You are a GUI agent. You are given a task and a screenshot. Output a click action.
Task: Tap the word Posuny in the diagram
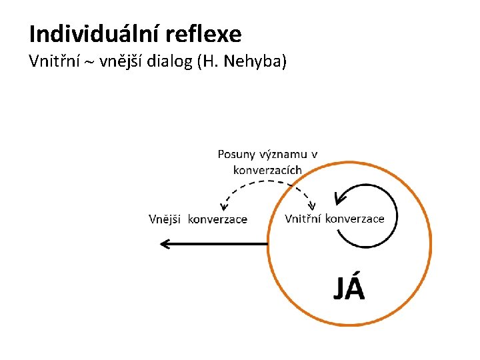(x=236, y=155)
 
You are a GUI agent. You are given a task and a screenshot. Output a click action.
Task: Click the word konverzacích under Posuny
(x=267, y=170)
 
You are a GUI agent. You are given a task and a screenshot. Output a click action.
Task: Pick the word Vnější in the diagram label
(x=165, y=219)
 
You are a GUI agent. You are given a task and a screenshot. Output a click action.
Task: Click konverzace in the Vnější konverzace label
(x=218, y=219)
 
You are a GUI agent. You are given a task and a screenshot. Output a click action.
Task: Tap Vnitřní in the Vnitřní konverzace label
(x=303, y=219)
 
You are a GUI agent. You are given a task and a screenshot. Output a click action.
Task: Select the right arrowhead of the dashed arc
(x=312, y=205)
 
